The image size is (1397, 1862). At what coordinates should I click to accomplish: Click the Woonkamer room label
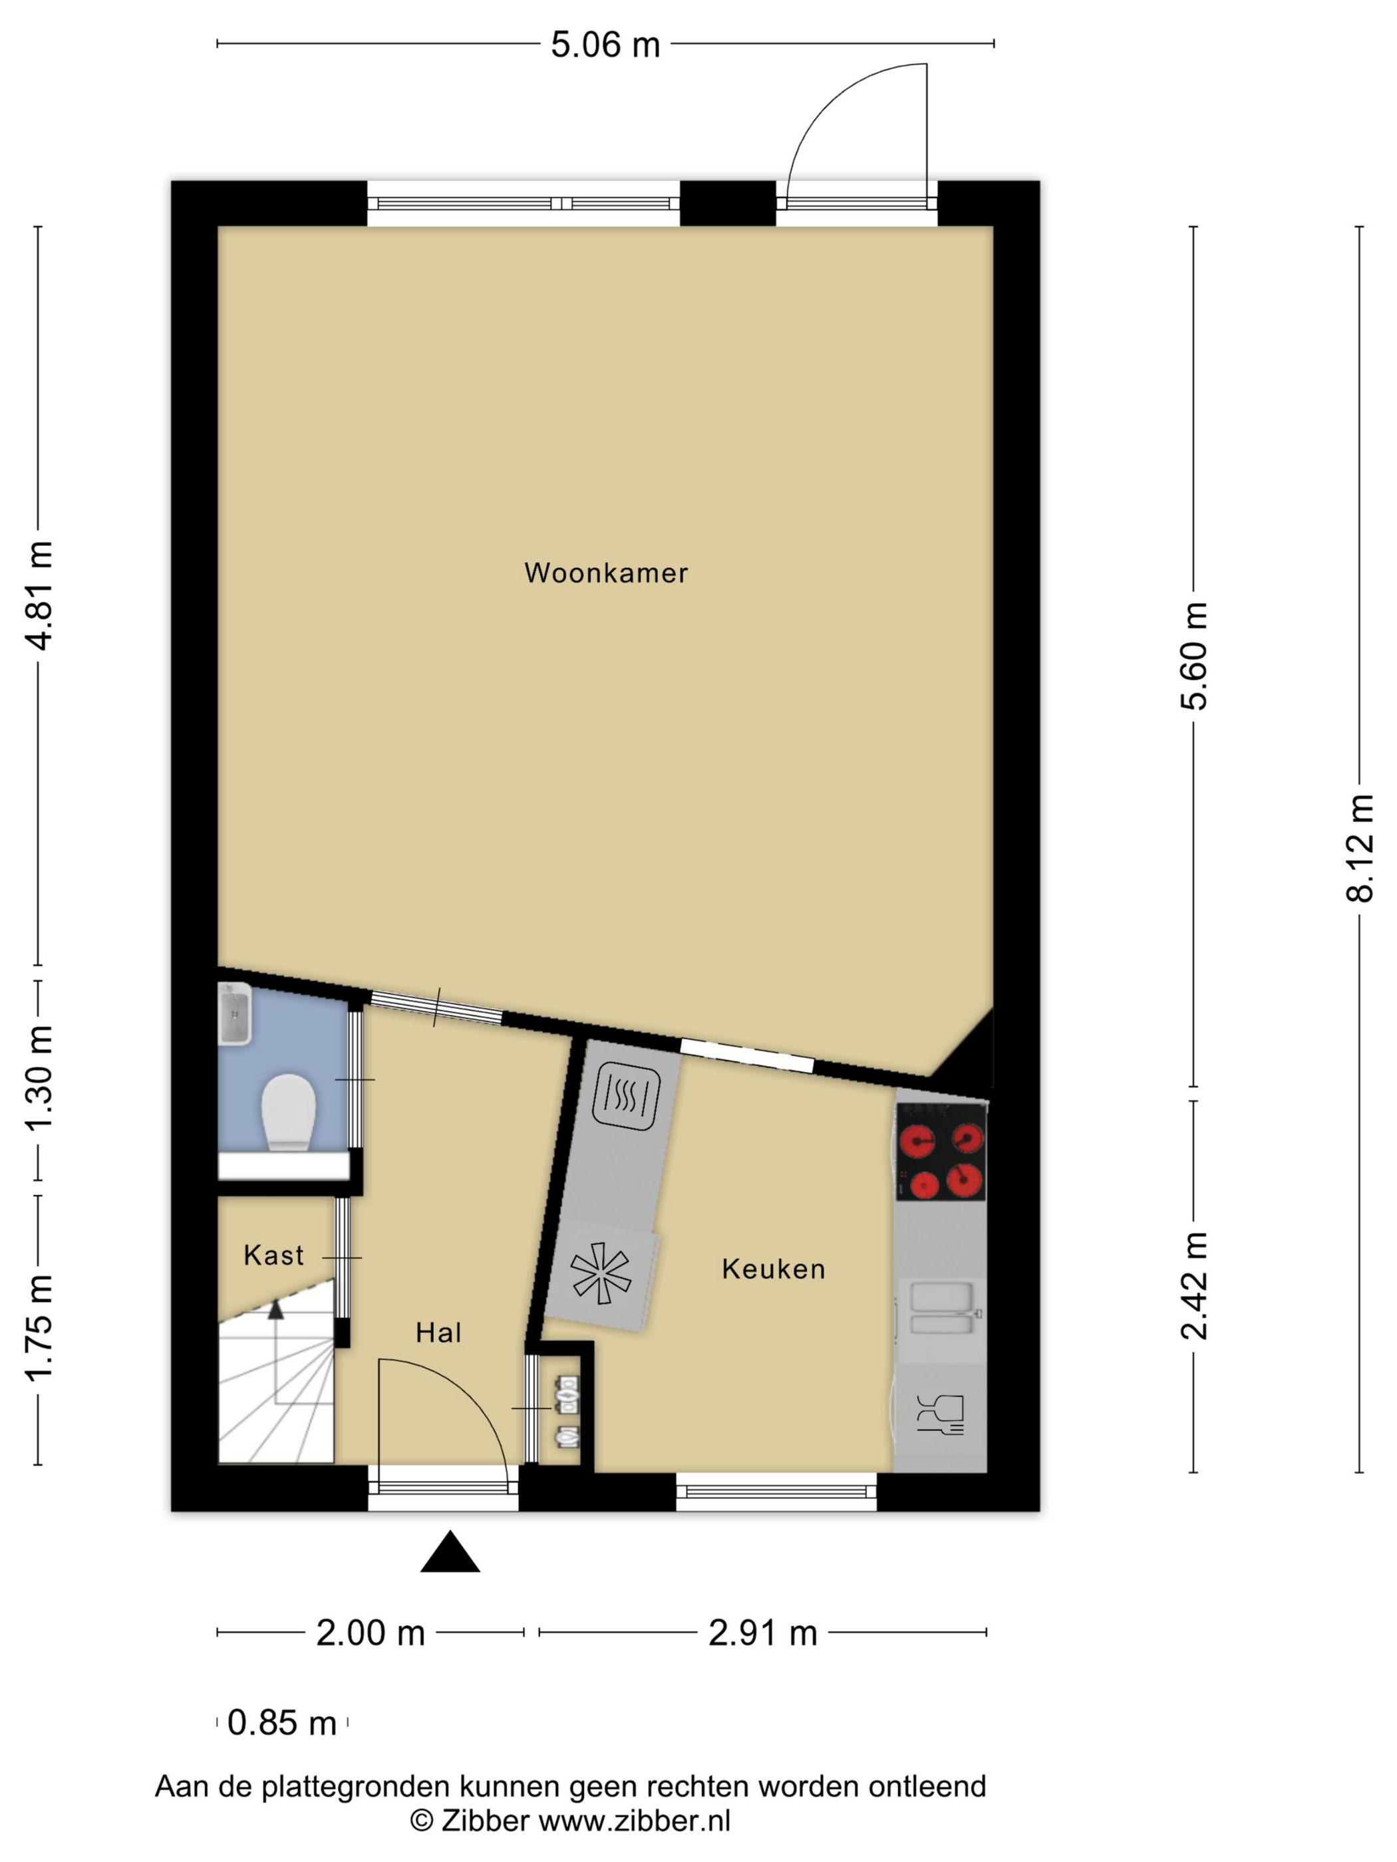tap(605, 573)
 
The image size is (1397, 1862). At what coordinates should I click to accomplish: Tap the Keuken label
tap(773, 1269)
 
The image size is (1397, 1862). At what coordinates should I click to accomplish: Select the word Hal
tap(438, 1333)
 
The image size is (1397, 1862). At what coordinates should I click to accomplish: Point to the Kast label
tap(273, 1256)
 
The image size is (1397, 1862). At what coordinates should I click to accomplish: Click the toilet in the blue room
tap(288, 1113)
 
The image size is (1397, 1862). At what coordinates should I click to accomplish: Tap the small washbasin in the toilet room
tap(234, 1014)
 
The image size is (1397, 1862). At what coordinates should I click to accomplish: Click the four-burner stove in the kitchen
tap(941, 1152)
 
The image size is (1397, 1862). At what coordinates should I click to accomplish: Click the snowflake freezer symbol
tap(601, 1273)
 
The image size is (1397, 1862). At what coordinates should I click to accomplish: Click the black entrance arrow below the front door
tap(450, 1551)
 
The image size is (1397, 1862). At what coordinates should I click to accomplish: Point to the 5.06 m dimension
tap(605, 45)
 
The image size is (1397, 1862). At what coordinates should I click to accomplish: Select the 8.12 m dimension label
tap(1360, 849)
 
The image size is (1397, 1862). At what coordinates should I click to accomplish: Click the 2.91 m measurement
tap(763, 1633)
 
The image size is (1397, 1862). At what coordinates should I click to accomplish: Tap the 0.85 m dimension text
tap(282, 1723)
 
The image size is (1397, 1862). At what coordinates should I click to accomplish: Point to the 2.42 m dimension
tap(1194, 1285)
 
